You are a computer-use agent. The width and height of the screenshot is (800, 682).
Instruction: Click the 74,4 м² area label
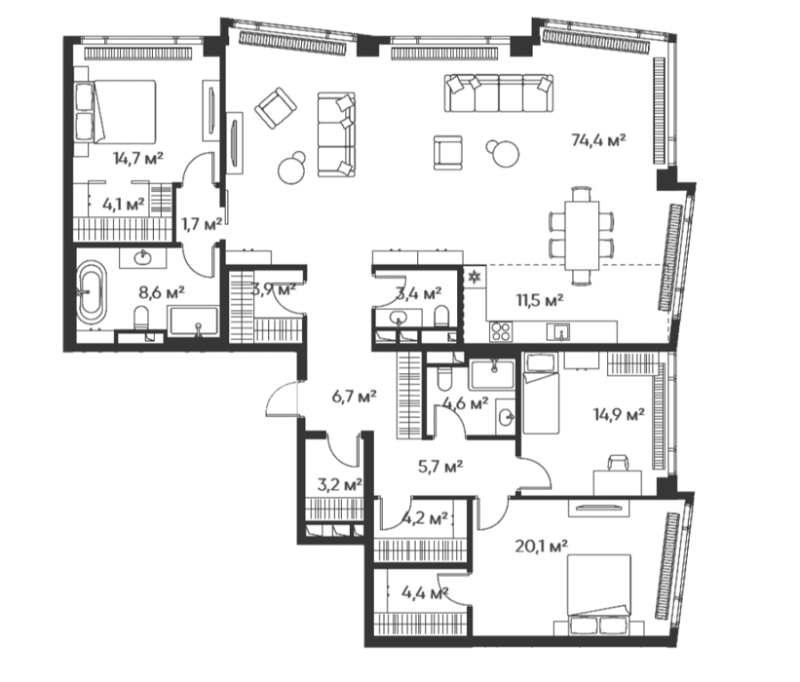click(x=598, y=139)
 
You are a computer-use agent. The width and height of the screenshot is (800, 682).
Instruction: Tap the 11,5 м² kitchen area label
click(x=540, y=299)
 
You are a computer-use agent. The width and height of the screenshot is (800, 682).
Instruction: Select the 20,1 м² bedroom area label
click(x=542, y=547)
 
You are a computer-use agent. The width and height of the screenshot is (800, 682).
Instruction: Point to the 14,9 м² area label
click(x=619, y=414)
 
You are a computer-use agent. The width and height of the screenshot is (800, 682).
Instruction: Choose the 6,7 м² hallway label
click(x=354, y=396)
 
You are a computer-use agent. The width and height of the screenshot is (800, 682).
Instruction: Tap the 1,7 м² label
click(x=202, y=223)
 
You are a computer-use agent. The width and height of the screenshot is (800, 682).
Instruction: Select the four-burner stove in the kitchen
click(x=500, y=331)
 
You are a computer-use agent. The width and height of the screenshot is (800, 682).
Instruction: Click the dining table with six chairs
click(x=581, y=235)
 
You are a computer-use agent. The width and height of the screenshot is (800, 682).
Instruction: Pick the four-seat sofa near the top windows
click(x=499, y=93)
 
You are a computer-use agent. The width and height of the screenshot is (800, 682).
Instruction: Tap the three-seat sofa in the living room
click(x=336, y=134)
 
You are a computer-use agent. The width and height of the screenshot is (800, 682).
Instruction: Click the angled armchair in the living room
click(x=276, y=108)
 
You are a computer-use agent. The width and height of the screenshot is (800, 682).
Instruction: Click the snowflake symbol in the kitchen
click(x=475, y=278)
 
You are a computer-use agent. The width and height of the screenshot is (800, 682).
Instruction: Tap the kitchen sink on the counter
click(x=558, y=332)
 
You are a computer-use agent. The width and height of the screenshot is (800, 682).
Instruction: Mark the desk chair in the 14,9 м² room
click(x=618, y=462)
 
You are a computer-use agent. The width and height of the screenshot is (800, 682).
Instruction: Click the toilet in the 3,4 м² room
click(x=441, y=317)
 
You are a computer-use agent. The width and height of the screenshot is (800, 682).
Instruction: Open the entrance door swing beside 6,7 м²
click(x=281, y=399)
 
